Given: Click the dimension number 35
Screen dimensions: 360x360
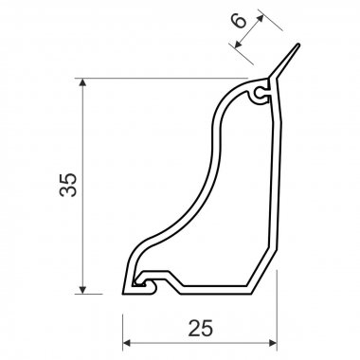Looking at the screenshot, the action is (68, 185).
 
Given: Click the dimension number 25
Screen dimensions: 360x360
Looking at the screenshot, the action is (201, 328).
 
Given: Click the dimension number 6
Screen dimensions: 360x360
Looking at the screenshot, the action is (239, 21).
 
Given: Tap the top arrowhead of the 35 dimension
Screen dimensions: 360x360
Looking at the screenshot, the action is (82, 82).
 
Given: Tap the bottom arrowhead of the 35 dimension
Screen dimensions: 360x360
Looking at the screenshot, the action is (82, 290).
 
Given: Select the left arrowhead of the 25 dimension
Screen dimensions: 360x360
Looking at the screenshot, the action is (127, 343).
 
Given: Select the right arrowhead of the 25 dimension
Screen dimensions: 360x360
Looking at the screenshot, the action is (273, 343).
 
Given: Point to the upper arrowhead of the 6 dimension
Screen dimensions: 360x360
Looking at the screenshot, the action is (261, 18).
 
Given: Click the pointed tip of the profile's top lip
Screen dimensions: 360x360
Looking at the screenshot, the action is (298, 45).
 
